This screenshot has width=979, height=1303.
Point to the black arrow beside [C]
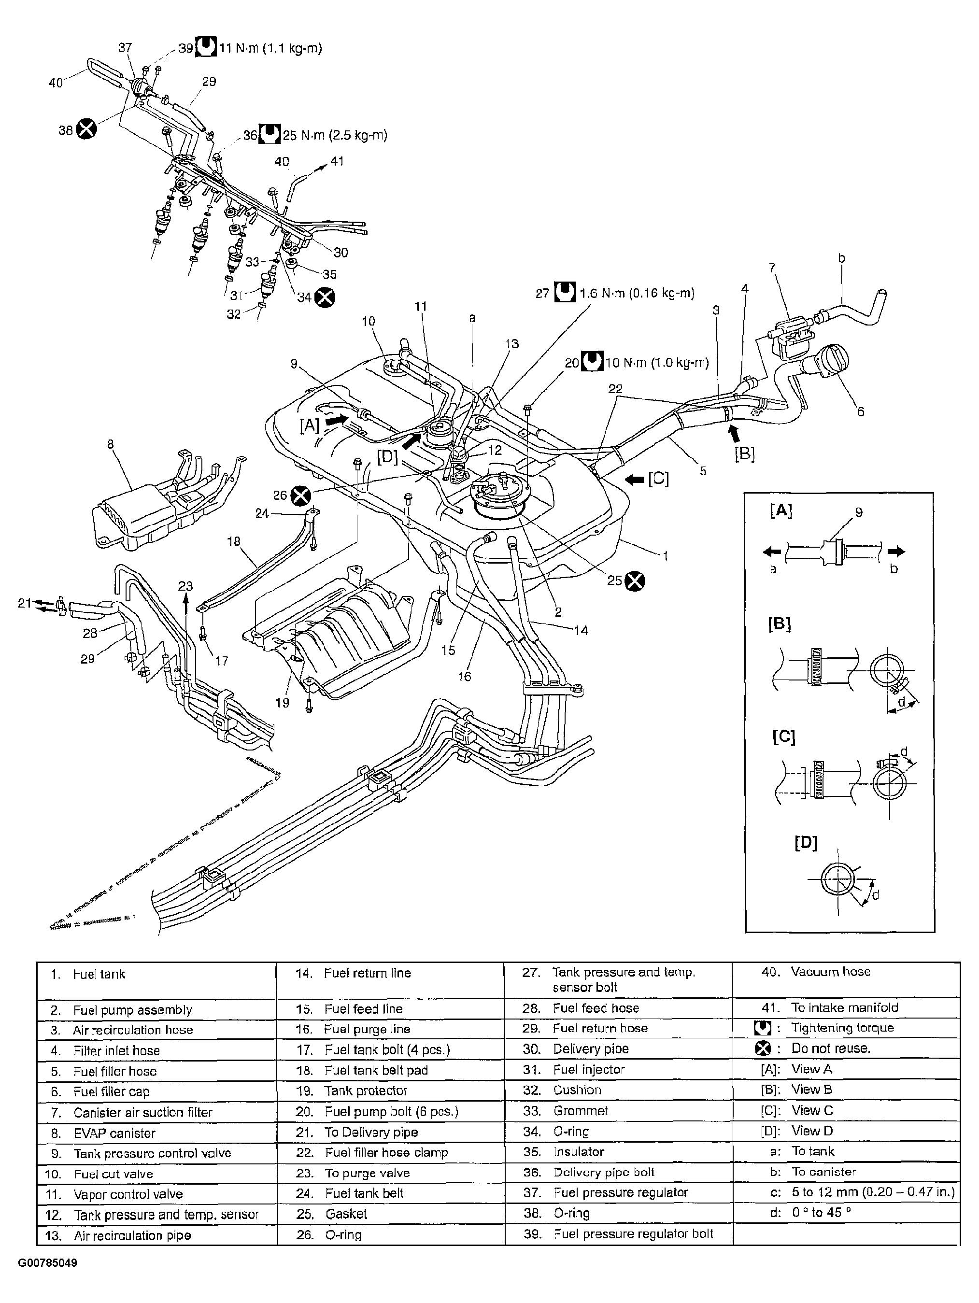coord(635,480)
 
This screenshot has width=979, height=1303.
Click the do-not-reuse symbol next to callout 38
coord(86,128)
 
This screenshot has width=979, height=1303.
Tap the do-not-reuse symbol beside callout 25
coord(635,581)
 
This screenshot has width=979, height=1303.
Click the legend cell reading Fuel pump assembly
coord(132,1010)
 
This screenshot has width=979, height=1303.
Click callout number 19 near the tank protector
coord(282,703)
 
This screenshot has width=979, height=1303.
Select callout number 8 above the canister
coord(110,445)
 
